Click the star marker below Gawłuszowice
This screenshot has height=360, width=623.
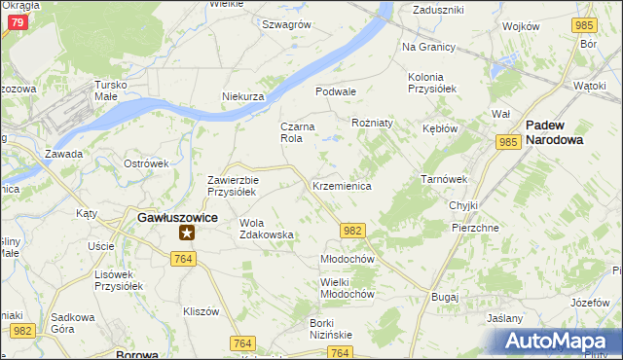187,233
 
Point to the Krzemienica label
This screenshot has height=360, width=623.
342,186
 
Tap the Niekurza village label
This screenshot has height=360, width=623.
243,97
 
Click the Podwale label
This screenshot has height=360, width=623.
336,91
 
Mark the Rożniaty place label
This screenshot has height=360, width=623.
372,124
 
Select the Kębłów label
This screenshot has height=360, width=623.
441,128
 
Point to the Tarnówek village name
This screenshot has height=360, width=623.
444,179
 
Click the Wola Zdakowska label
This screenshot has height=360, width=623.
266,229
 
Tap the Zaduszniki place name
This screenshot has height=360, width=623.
438,9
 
